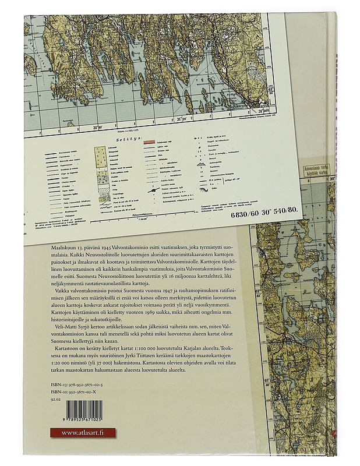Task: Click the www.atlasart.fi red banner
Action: coord(82,432)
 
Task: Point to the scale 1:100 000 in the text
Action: coord(146,362)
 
